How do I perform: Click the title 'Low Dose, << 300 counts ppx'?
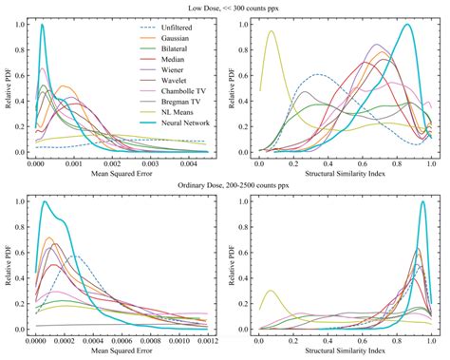(225, 7)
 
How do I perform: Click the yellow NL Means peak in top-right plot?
(271, 31)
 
